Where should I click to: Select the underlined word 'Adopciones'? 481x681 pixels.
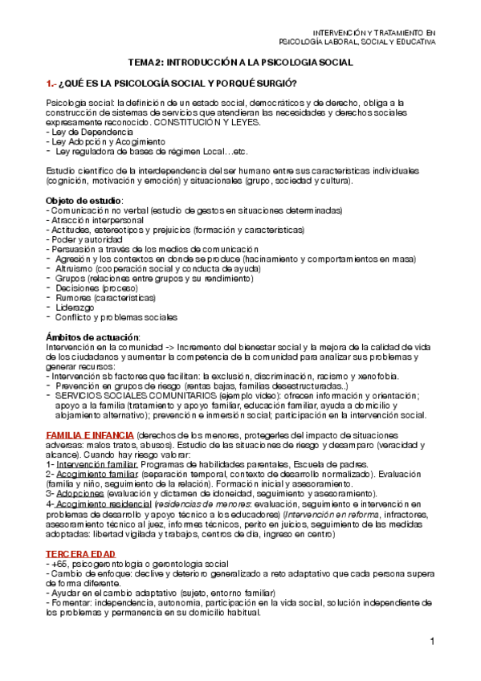[x=79, y=493]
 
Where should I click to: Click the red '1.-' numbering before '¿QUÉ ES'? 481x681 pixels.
[x=52, y=84]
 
